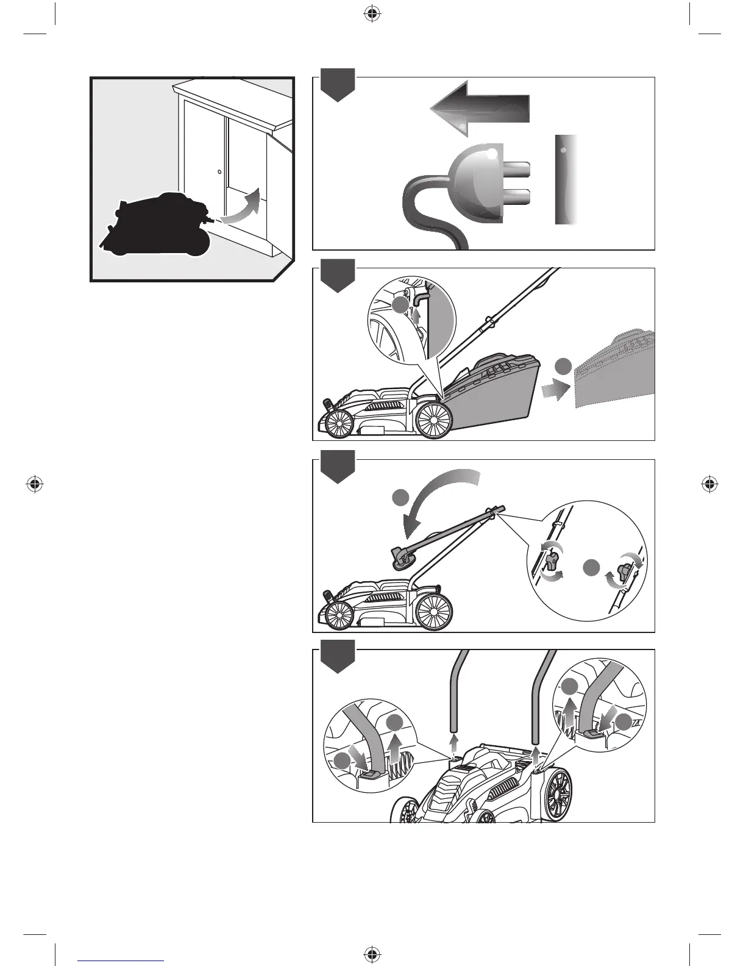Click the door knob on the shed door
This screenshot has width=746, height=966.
pyautogui.click(x=219, y=172)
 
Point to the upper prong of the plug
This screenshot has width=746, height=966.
pyautogui.click(x=517, y=169)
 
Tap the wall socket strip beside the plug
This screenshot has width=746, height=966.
pyautogui.click(x=566, y=180)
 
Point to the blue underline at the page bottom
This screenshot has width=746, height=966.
pyautogui.click(x=121, y=961)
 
